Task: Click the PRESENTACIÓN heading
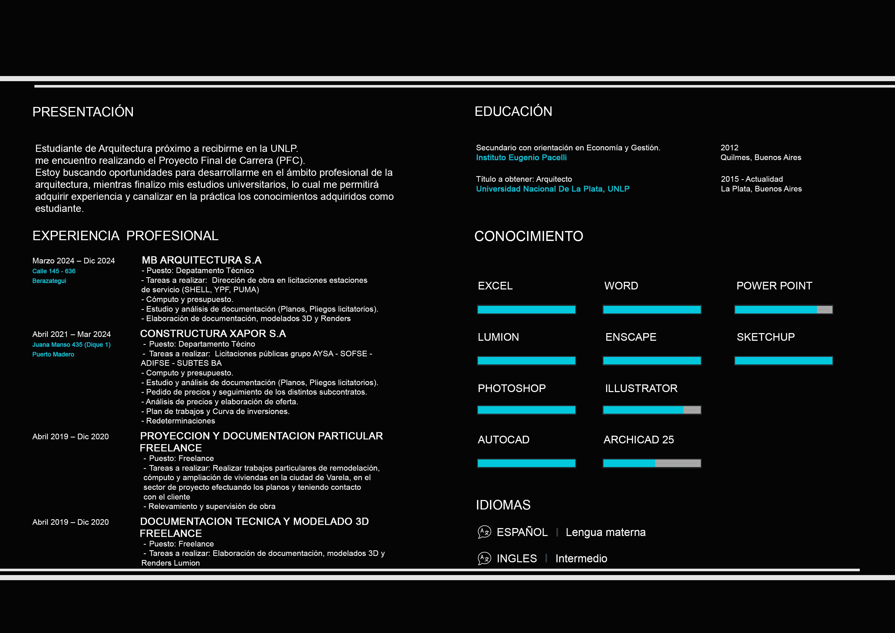click(83, 112)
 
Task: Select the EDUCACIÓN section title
click(513, 112)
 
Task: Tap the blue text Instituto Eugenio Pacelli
click(521, 157)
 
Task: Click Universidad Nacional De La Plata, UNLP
click(552, 189)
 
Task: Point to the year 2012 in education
click(729, 148)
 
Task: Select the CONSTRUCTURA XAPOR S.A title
click(213, 333)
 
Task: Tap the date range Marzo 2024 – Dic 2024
click(74, 261)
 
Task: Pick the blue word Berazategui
click(49, 281)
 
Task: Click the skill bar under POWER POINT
click(784, 310)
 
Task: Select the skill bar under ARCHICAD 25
click(652, 463)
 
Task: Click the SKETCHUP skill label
click(766, 337)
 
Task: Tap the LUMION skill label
click(498, 337)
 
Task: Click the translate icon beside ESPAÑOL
click(484, 532)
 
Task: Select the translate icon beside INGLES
click(484, 558)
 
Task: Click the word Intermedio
click(581, 558)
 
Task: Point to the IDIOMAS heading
click(503, 505)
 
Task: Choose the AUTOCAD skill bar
click(526, 463)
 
